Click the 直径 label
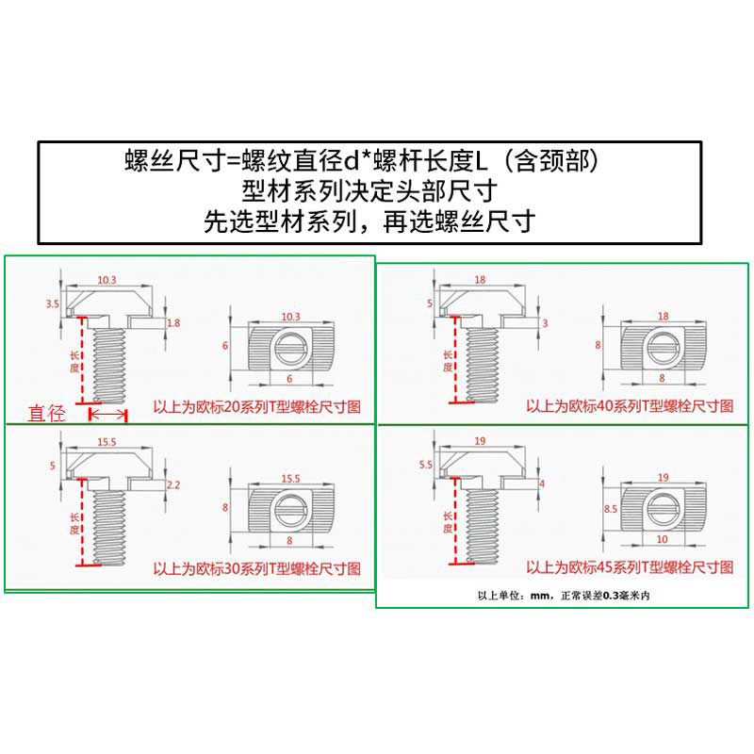tap(47, 412)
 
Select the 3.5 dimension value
tap(53, 303)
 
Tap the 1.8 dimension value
tap(173, 322)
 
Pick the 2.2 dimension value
tap(173, 484)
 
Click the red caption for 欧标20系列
tap(256, 408)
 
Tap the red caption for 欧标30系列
tap(256, 570)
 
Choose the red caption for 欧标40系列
tap(629, 407)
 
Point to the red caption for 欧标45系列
tap(629, 569)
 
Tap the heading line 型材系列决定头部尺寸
tap(369, 191)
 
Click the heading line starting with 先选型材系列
tap(370, 222)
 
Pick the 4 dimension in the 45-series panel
tap(541, 484)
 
